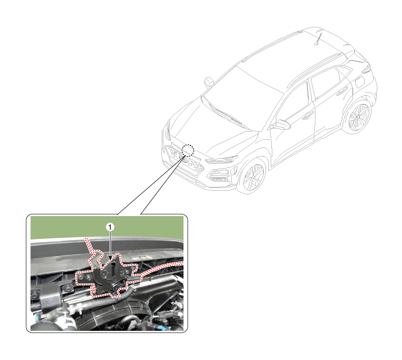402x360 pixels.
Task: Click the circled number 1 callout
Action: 110,227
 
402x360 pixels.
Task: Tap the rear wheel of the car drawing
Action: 358,116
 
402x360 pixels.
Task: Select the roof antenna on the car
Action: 318,38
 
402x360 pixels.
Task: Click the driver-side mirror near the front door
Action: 280,124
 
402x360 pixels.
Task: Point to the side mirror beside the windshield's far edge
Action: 209,82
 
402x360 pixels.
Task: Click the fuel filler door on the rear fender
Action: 360,82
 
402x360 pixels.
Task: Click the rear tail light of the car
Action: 366,69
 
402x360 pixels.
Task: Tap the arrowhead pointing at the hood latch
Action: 110,258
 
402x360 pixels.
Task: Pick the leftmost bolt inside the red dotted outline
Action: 81,277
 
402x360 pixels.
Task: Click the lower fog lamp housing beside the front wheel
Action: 218,175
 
